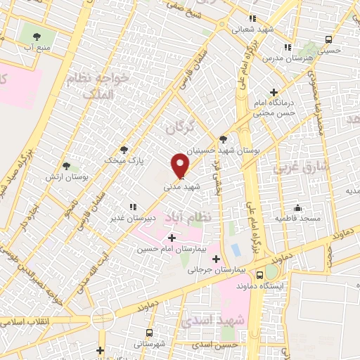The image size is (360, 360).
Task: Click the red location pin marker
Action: click(x=180, y=165)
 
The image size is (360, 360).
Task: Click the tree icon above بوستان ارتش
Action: click(x=67, y=167)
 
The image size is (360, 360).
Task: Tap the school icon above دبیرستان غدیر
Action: click(x=131, y=207)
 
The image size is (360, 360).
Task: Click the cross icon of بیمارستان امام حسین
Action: click(x=172, y=238)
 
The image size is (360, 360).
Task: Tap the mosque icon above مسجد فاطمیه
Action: click(x=298, y=207)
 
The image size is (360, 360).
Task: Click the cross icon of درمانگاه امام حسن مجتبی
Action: click(x=274, y=92)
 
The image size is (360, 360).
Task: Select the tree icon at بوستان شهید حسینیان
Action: click(x=224, y=139)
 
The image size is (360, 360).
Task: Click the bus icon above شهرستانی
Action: click(x=149, y=333)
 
